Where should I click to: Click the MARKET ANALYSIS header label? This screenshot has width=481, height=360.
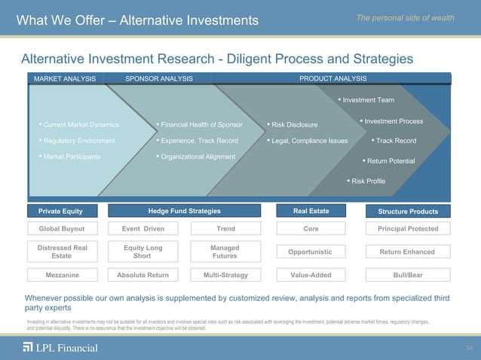[63, 78]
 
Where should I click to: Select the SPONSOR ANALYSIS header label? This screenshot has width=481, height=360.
[158, 78]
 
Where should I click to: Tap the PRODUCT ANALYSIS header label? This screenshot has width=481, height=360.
[332, 78]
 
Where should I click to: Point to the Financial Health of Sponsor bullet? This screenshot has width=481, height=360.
[199, 124]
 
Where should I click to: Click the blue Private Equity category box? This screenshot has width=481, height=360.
[61, 211]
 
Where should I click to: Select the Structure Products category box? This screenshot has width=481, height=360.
[408, 212]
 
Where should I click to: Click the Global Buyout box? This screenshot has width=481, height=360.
[61, 229]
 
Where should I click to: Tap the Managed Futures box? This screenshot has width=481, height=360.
[225, 252]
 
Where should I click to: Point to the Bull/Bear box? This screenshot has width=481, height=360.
[408, 275]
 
